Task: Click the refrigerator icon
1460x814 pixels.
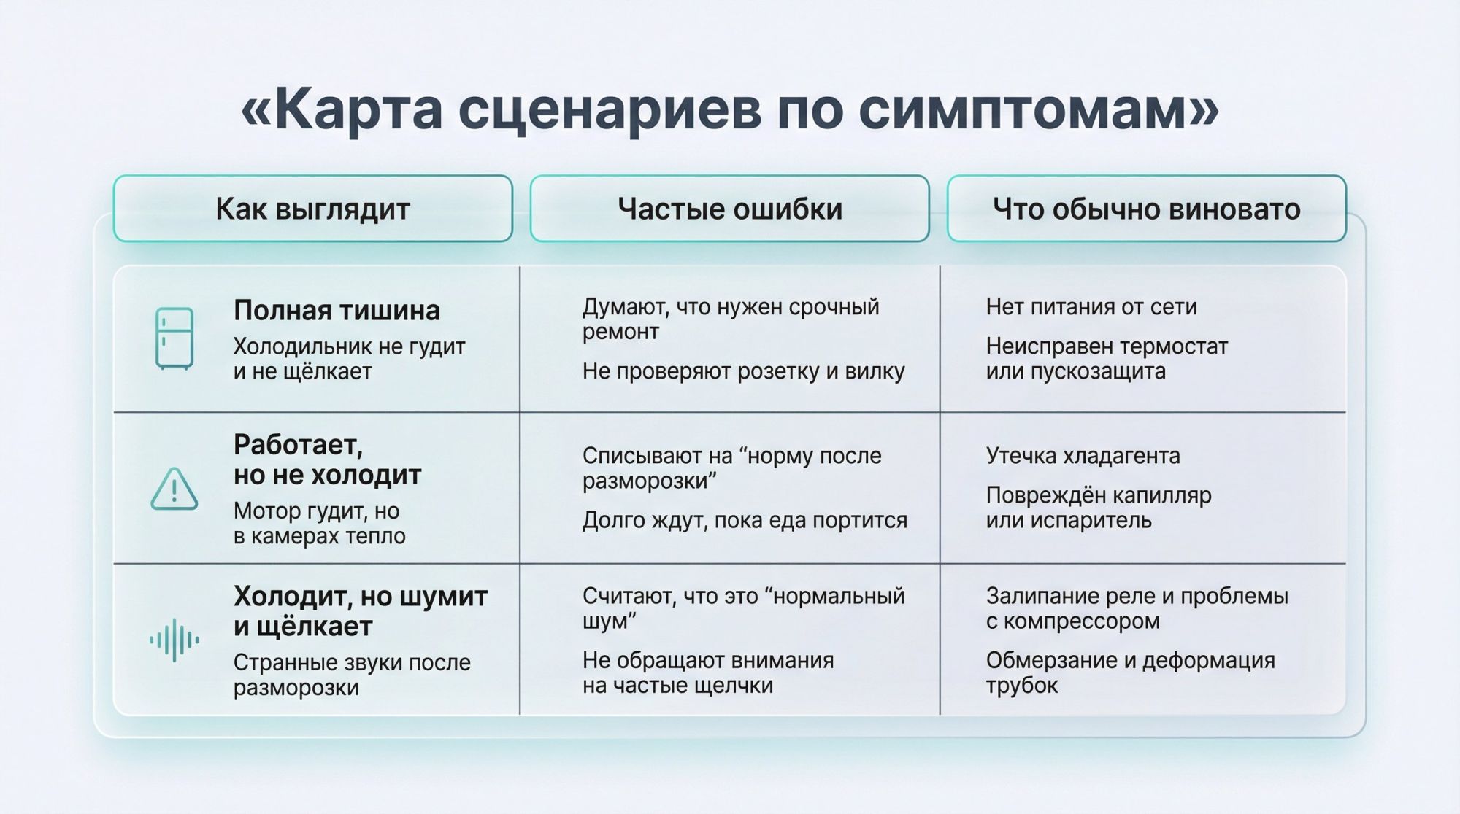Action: pos(174,338)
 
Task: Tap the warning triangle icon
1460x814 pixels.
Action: pos(174,489)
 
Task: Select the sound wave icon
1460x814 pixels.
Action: pos(174,640)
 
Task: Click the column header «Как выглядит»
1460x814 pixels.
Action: pos(312,209)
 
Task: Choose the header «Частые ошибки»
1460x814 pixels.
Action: pos(729,209)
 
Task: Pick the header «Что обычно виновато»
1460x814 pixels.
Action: pos(1146,209)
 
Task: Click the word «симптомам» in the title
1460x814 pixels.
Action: pos(1037,109)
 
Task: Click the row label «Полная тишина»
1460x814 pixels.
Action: pos(337,311)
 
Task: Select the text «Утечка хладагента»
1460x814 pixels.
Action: pos(1083,456)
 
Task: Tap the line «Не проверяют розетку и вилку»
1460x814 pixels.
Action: pos(743,371)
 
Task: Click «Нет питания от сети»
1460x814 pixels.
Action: pos(1091,307)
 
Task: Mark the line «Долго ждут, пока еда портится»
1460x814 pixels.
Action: pos(745,520)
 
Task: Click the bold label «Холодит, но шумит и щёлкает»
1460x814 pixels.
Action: pos(360,611)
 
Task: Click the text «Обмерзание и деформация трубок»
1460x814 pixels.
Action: pos(1130,672)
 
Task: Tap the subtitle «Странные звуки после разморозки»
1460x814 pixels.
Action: pos(352,675)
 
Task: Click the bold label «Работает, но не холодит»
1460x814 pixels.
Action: pos(327,460)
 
